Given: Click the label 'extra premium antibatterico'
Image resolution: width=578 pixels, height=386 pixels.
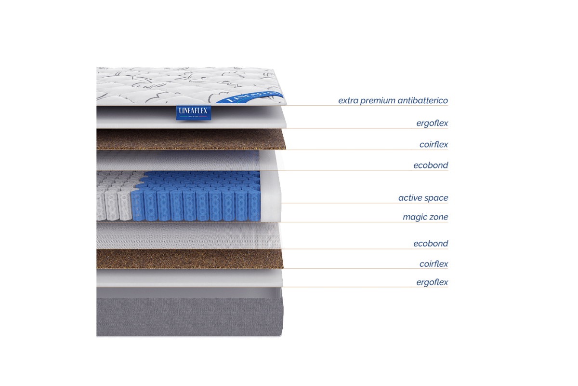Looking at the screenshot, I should coord(393,101).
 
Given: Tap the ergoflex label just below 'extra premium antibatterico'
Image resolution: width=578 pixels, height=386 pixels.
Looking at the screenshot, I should coord(433,124).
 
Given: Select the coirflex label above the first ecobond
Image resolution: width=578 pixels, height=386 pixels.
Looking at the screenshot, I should coord(433,145).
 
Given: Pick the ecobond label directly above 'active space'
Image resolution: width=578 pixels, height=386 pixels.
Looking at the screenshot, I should coord(431,165).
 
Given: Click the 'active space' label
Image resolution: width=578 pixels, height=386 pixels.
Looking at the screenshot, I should coord(423,198).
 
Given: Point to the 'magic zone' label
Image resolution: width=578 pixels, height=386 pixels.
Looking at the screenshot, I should coord(425,217).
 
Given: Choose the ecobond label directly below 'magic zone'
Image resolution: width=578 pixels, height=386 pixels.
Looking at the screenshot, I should coord(431,244).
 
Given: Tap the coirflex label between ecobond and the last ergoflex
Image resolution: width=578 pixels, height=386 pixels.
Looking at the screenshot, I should coord(433,264).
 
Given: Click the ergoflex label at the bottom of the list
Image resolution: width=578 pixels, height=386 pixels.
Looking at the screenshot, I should coord(433,282).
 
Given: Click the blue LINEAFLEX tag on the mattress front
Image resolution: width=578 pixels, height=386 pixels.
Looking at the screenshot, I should coord(193,113).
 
